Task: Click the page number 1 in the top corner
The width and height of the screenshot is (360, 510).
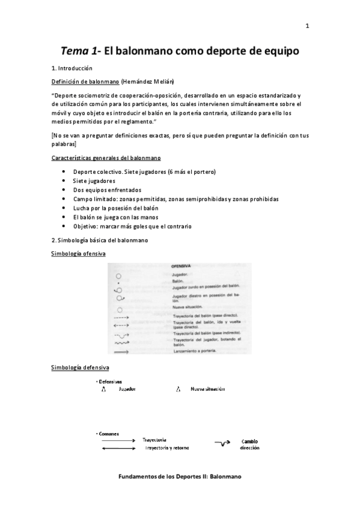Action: (x=307, y=26)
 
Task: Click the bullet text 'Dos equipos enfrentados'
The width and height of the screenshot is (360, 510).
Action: (x=106, y=189)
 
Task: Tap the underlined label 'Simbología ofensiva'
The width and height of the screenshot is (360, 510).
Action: (x=78, y=254)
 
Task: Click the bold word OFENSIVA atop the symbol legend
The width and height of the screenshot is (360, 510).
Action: (x=181, y=265)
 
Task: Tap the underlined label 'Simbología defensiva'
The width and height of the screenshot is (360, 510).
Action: (x=79, y=367)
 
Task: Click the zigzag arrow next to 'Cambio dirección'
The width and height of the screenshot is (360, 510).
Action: (x=223, y=444)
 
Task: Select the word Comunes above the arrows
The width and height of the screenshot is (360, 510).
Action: (x=109, y=433)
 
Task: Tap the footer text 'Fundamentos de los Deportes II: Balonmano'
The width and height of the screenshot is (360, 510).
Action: (x=180, y=476)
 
